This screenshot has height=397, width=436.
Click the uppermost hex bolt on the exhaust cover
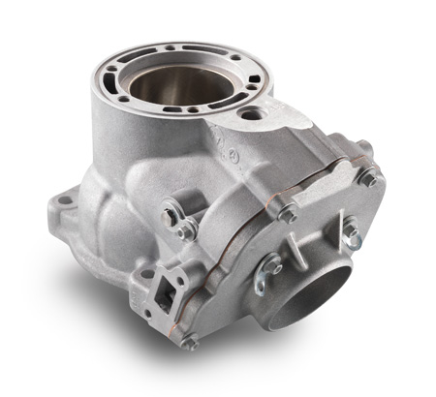(x=367, y=176)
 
